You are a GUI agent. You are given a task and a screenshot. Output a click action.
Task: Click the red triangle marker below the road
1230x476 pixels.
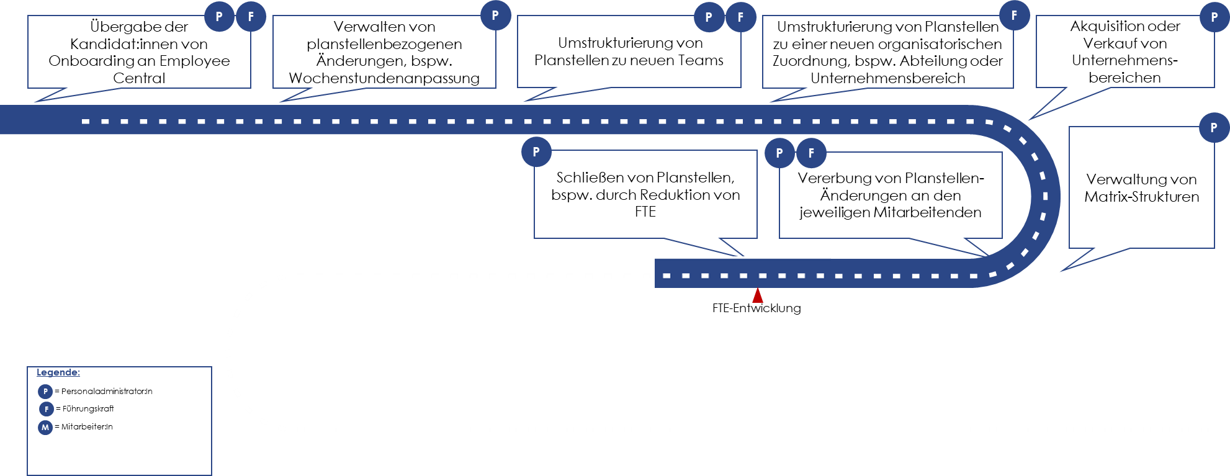tap(758, 295)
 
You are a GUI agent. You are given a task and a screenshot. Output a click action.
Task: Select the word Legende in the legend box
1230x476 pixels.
tap(58, 372)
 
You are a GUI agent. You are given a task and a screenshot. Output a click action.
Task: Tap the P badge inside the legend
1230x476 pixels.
tap(45, 392)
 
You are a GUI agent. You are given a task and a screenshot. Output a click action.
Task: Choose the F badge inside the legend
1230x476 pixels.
tap(47, 409)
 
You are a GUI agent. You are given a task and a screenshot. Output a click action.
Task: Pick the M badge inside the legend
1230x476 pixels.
tap(45, 428)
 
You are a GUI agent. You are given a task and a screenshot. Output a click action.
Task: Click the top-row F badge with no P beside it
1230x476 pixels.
tap(1014, 16)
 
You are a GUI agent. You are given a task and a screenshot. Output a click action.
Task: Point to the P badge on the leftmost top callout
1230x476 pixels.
tap(219, 17)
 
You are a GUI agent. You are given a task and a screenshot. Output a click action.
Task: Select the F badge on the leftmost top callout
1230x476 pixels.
tap(251, 17)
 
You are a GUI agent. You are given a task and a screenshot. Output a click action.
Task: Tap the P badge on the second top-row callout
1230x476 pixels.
tap(495, 16)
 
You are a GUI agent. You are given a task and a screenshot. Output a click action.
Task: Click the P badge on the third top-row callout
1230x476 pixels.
tap(709, 17)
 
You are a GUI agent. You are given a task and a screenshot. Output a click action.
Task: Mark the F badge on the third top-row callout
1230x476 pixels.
tap(740, 17)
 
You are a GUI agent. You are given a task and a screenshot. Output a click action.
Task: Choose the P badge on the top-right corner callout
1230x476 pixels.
tap(1214, 17)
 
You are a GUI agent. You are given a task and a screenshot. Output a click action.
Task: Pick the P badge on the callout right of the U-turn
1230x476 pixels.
tap(1214, 128)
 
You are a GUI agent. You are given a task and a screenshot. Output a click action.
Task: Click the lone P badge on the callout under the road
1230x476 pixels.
tap(536, 152)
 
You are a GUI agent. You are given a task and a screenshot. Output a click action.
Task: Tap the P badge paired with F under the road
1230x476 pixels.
tap(779, 153)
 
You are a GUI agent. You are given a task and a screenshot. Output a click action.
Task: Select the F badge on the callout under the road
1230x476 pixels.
tap(811, 153)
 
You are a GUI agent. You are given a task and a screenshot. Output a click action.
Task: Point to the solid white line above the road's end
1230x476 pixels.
tap(742, 257)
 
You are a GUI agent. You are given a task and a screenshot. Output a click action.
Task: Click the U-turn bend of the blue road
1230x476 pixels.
tap(1045, 196)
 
